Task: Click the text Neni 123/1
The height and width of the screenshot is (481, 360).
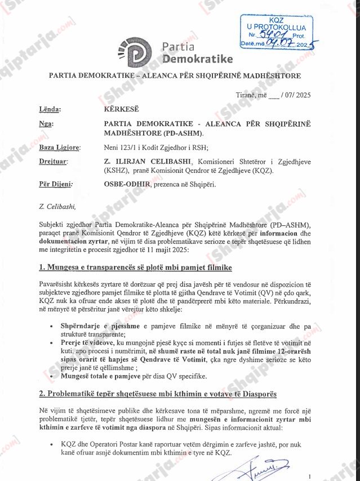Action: [122, 148]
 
